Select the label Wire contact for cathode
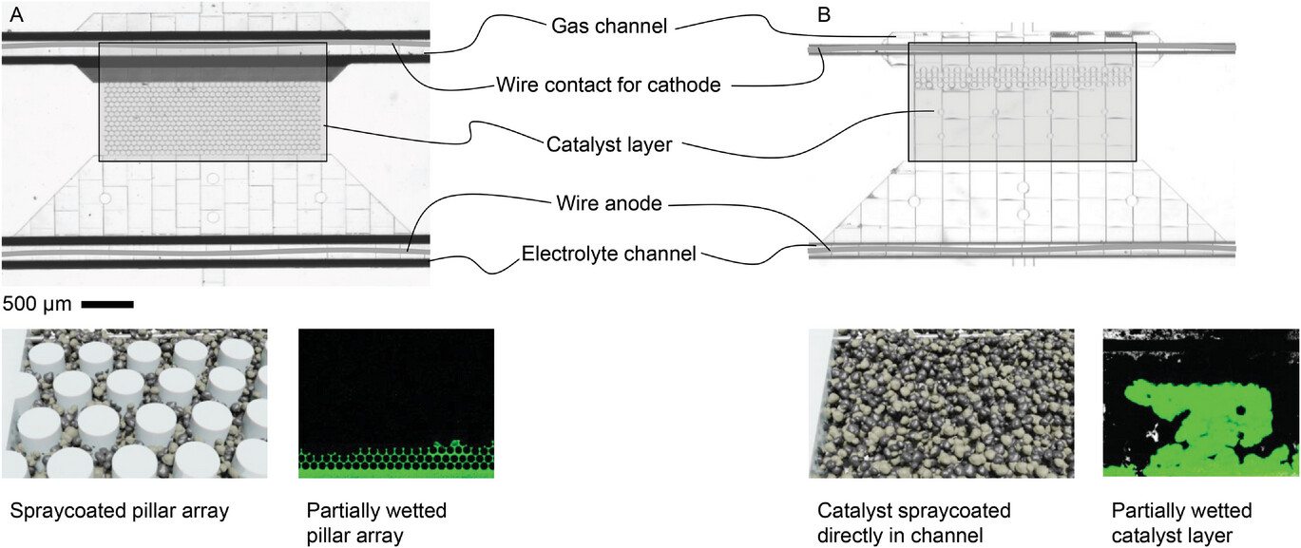click(608, 85)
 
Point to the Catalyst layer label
click(609, 144)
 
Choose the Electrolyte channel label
click(609, 254)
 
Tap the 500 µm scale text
click(35, 304)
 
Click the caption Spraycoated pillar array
click(119, 511)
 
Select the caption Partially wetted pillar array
click(377, 522)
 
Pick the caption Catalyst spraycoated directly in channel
click(913, 522)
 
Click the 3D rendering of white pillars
click(134, 403)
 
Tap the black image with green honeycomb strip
click(396, 403)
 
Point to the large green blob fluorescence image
click(1200, 403)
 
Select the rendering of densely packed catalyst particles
click(941, 403)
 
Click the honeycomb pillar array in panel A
click(212, 122)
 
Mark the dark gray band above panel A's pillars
click(212, 69)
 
